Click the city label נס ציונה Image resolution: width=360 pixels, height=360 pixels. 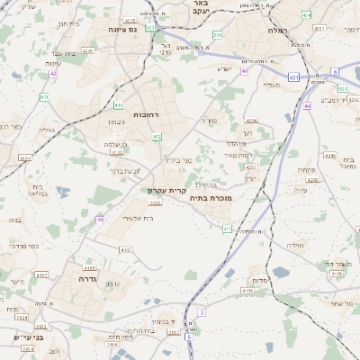click(121, 29)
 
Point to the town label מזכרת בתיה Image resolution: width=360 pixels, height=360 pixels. click(212, 196)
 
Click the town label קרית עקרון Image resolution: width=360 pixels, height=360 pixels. click(166, 191)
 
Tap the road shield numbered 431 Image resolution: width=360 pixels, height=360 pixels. click(293, 77)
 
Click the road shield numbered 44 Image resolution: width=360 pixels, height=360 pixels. click(307, 106)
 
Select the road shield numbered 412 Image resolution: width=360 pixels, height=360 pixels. click(157, 137)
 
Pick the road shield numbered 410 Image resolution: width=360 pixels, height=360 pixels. click(119, 106)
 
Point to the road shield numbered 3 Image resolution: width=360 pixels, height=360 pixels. click(202, 312)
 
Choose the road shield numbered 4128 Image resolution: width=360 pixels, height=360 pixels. click(116, 152)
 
